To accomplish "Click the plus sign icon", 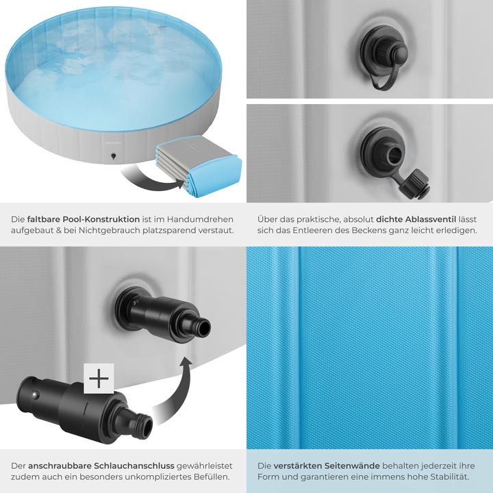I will pyautogui.click(x=99, y=379).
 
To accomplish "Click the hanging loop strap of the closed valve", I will pyautogui.click(x=379, y=80).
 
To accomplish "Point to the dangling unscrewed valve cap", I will pyautogui.click(x=412, y=182).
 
